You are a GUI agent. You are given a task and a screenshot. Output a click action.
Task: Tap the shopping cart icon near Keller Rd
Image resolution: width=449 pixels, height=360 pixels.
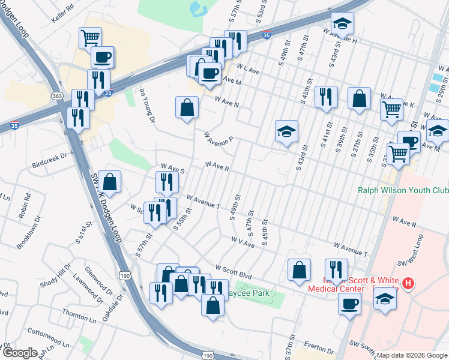coord(90,38)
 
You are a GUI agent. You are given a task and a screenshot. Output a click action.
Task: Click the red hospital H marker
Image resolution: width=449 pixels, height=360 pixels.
coord(408,283)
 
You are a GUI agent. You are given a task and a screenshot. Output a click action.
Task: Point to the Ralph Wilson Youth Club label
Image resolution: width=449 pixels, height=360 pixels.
coord(403,191)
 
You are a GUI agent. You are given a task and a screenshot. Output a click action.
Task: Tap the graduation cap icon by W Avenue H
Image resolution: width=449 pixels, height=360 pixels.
coord(343,23)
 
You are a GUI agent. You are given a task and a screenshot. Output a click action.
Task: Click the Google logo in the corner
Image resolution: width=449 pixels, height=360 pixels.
coord(19,352)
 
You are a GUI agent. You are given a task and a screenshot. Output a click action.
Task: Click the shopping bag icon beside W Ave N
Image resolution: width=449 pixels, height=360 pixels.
coord(187,108)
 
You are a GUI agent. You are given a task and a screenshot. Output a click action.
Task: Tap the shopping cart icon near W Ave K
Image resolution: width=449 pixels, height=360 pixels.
coord(391,109)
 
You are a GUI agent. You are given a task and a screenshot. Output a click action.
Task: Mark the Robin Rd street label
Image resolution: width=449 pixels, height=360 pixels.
coord(25,206)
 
